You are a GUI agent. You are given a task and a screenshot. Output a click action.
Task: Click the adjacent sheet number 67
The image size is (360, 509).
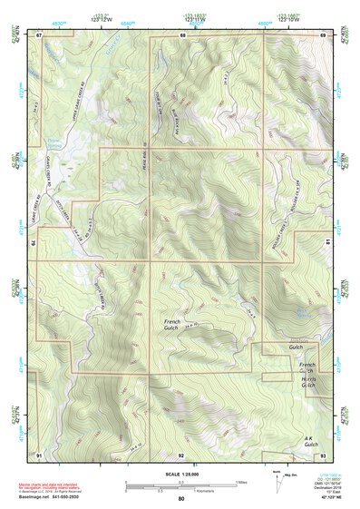tap(39, 34)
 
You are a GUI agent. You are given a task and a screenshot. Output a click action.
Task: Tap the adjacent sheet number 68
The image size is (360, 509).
tap(182, 34)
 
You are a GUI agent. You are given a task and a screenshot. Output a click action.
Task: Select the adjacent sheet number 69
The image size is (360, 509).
tap(323, 34)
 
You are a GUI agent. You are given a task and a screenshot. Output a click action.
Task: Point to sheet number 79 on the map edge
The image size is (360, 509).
tap(35, 243)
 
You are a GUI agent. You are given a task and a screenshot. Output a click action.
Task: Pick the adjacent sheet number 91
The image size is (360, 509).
tap(39, 454)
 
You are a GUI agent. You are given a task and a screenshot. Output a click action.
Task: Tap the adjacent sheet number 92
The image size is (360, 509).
tap(181, 454)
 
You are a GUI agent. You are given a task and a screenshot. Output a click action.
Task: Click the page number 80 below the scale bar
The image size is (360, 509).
tap(181, 498)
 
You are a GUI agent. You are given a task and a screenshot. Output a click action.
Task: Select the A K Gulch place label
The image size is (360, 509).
tap(315, 441)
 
